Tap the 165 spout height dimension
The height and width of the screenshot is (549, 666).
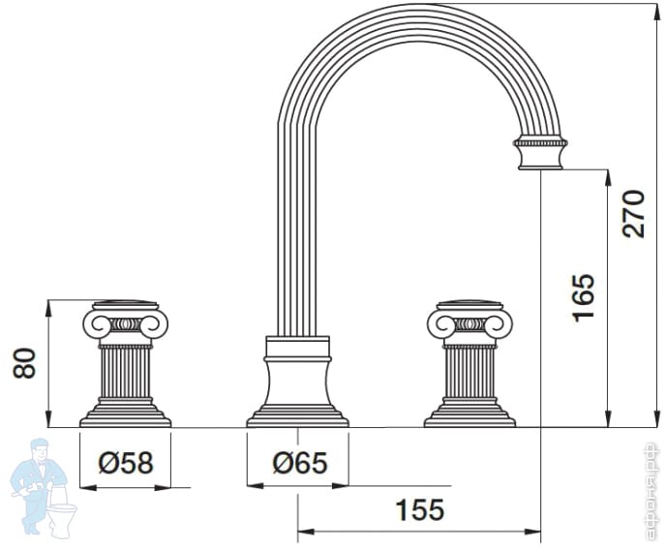583,297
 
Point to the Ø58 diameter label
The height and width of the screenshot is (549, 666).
125,463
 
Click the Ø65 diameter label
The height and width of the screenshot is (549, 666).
299,463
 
